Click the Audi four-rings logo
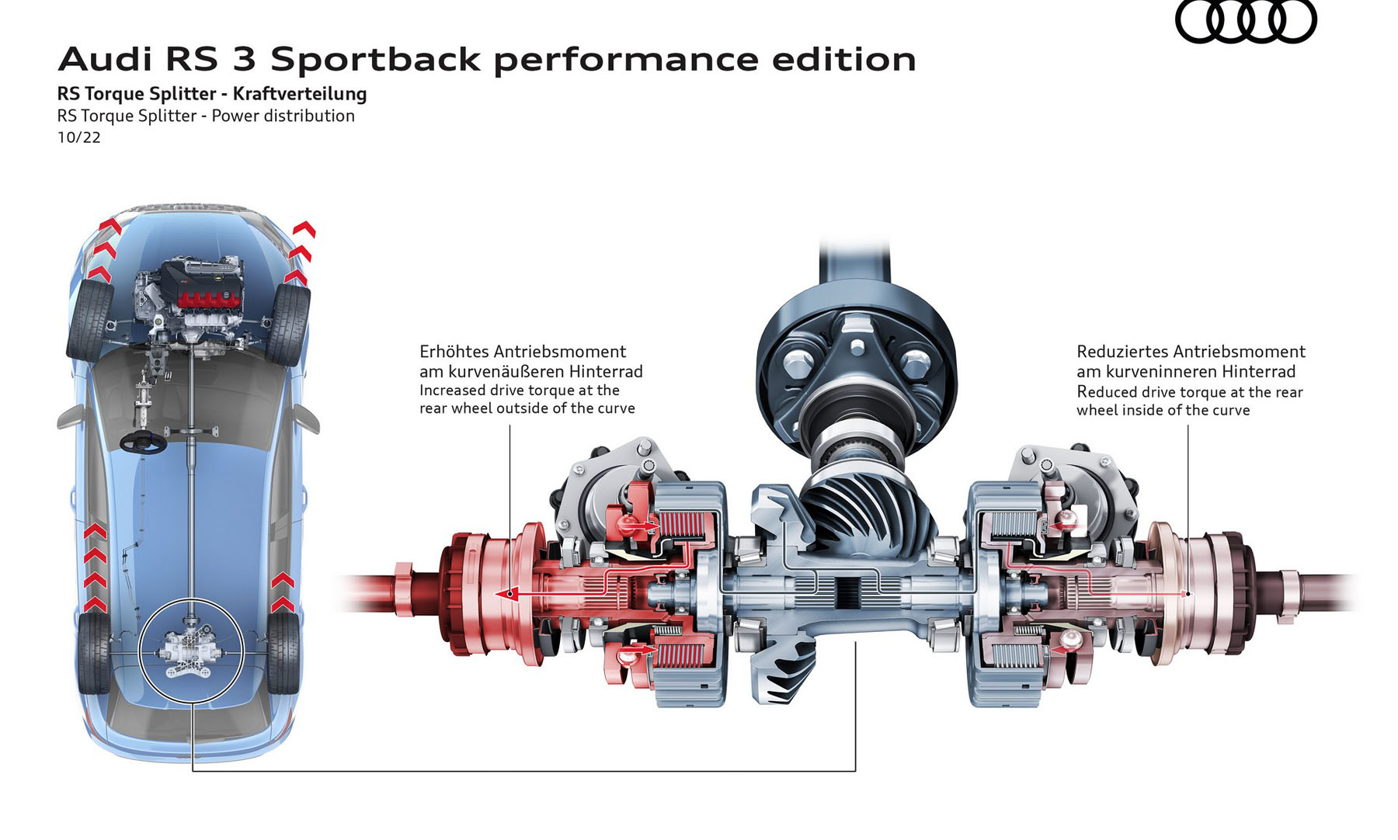(x=1245, y=21)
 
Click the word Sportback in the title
(x=376, y=60)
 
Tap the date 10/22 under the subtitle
(x=78, y=137)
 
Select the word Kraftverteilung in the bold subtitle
(x=300, y=94)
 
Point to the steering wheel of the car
(x=143, y=442)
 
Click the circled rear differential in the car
(x=190, y=651)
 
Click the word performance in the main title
(x=626, y=60)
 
